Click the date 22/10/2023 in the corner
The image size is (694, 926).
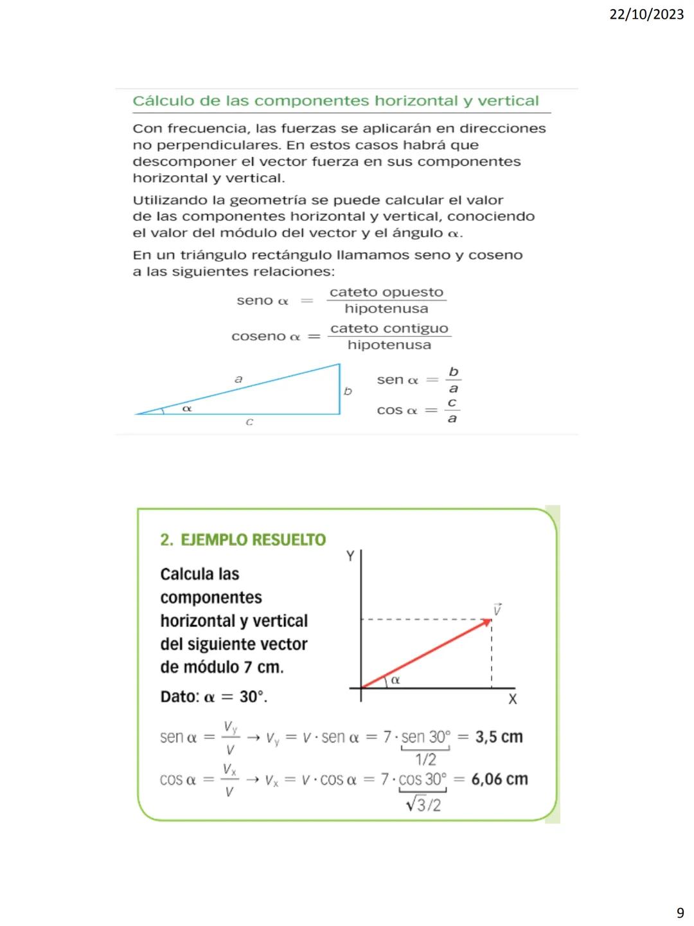[x=646, y=14]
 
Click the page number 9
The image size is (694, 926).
[x=680, y=912]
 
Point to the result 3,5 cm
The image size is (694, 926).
[x=499, y=737]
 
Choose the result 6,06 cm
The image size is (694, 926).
[x=499, y=779]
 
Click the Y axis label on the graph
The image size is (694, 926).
[x=350, y=556]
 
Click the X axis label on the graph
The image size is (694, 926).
[x=512, y=699]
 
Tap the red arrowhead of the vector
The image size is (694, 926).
[x=487, y=622]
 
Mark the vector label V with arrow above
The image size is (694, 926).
[x=497, y=609]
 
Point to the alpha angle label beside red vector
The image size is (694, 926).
[x=395, y=680]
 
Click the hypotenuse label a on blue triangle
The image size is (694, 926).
[x=238, y=379]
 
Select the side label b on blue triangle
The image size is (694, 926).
[x=348, y=391]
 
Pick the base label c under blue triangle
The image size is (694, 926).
[x=249, y=422]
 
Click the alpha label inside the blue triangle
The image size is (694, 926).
[x=187, y=408]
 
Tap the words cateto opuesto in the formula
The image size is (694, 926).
[x=386, y=293]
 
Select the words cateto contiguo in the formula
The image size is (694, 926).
[x=389, y=329]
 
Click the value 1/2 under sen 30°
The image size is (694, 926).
[x=425, y=759]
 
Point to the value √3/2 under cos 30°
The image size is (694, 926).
[x=423, y=804]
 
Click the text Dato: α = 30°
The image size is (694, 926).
[x=213, y=697]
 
